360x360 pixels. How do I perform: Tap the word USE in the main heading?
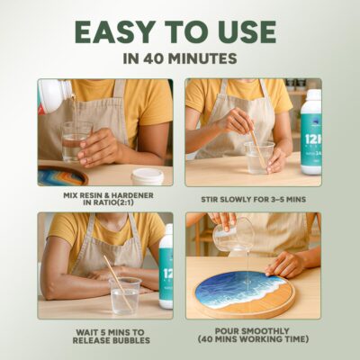[x=247, y=31]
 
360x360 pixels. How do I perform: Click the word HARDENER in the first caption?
[x=132, y=195]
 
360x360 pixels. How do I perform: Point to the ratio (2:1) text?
[x=122, y=202]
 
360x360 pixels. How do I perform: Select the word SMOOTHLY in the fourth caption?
[x=268, y=331]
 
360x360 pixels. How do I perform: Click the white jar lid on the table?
[x=148, y=176]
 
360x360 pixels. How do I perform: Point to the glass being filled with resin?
[x=73, y=142]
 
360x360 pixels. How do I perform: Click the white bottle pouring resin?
[x=55, y=94]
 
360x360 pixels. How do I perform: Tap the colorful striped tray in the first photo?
[x=62, y=175]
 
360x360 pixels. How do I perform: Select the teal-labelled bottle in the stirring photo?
[x=310, y=136]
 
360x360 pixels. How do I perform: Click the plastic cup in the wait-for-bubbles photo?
[x=125, y=296]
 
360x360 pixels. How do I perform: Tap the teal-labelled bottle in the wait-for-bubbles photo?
[x=166, y=266]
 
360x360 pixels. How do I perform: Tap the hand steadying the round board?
[x=282, y=264]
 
